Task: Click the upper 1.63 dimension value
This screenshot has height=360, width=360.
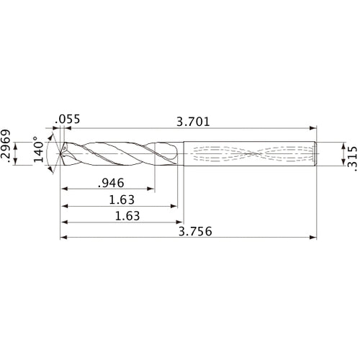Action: pyautogui.click(x=121, y=199)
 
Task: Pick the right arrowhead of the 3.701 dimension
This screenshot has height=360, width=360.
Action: pyautogui.click(x=315, y=129)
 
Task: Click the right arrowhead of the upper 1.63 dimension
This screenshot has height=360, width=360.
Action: pyautogui.click(x=176, y=206)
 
